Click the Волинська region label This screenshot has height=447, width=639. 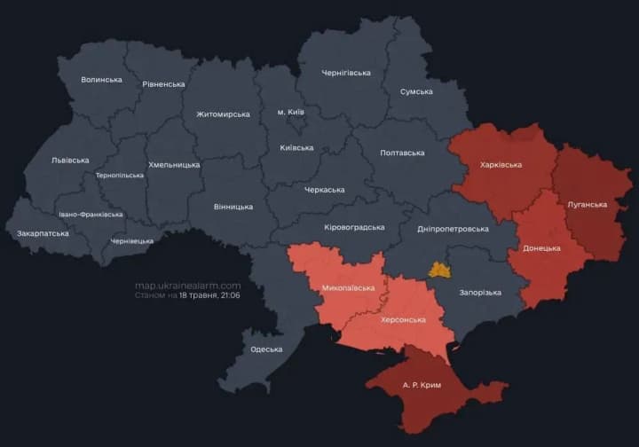(101, 80)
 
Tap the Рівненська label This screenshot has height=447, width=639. (163, 84)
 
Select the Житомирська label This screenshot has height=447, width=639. (223, 114)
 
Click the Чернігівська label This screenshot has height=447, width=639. (346, 73)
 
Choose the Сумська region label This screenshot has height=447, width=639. (416, 91)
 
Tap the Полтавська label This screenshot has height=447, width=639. (402, 153)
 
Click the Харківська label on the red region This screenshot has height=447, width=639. (501, 165)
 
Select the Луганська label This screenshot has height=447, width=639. (587, 205)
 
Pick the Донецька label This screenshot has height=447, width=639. (541, 248)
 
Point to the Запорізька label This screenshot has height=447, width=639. (480, 293)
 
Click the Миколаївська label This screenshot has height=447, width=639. (348, 288)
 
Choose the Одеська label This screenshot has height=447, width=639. (266, 349)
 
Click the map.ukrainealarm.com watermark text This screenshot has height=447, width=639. (187, 286)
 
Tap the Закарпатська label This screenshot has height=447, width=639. (43, 233)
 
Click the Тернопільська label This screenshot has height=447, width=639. (120, 175)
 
